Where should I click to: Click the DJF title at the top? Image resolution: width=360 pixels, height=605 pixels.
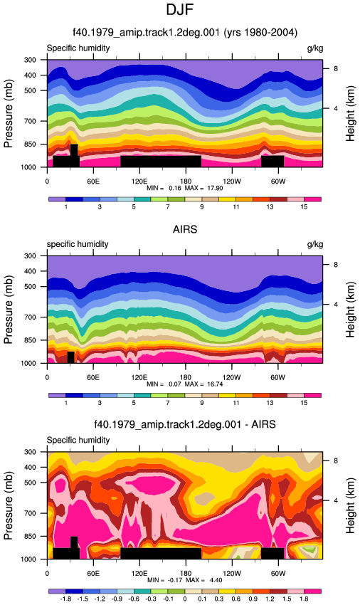179,9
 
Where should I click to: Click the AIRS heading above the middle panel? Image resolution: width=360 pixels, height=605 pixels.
185,230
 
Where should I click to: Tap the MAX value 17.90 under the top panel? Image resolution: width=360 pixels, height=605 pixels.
215,188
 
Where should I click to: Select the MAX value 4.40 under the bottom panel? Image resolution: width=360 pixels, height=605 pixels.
216,580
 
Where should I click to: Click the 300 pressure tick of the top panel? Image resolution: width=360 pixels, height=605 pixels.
30,60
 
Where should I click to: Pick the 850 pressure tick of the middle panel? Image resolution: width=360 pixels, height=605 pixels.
30,340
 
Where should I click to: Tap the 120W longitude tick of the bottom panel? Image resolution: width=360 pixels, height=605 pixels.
231,574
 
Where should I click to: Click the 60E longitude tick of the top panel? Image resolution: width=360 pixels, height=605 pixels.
93,181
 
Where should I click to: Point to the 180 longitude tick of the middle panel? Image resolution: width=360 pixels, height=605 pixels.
186,377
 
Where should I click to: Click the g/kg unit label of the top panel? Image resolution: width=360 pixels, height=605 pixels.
315,48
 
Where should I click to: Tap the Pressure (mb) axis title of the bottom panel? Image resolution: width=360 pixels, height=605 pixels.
8,505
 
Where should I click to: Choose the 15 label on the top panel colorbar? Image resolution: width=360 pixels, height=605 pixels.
304,207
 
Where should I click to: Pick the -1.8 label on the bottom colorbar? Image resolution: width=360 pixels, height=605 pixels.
65,599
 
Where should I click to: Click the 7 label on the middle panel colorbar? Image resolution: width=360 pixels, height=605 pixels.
168,403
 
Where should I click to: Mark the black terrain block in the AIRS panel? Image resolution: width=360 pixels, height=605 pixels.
70,357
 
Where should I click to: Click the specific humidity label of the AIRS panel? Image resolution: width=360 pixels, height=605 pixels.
78,244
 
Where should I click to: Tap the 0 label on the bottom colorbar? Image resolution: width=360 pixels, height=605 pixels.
185,599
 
